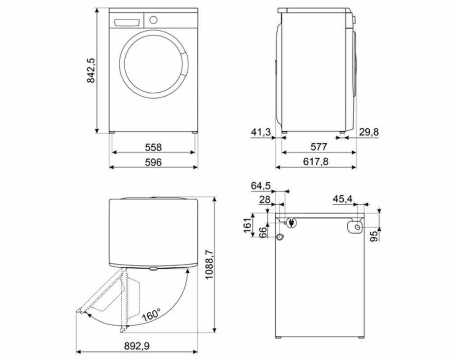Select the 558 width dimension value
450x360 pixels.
[x=153, y=147]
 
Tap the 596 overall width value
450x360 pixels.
[x=153, y=162]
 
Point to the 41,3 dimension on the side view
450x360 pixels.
[x=261, y=132]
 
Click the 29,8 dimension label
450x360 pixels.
[x=369, y=132]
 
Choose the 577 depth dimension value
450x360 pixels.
[x=319, y=147]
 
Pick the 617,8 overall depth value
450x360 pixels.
[x=316, y=162]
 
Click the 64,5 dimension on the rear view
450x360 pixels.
[x=261, y=186]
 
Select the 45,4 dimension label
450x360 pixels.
[x=343, y=198]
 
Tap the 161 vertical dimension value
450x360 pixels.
[x=247, y=225]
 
